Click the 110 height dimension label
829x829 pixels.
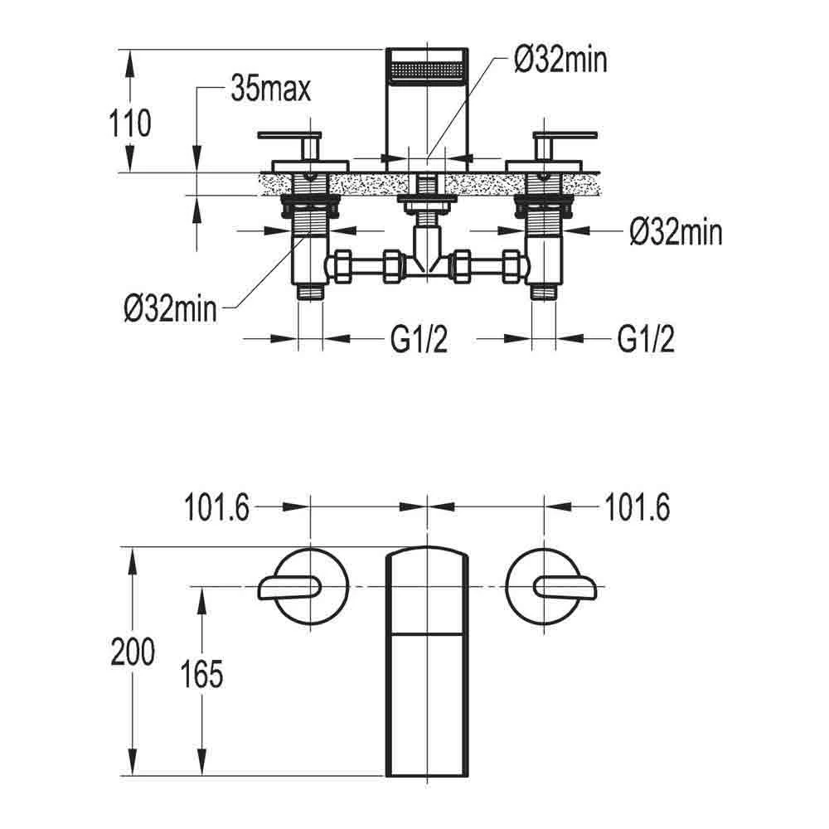pyautogui.click(x=131, y=124)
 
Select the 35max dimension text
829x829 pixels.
pyautogui.click(x=271, y=89)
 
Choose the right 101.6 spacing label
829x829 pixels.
pyautogui.click(x=638, y=507)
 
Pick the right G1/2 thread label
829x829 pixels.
pyautogui.click(x=645, y=338)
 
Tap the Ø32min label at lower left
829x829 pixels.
pyautogui.click(x=170, y=310)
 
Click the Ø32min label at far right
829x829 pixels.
pyautogui.click(x=675, y=233)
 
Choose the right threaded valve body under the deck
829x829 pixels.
pyautogui.click(x=544, y=240)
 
